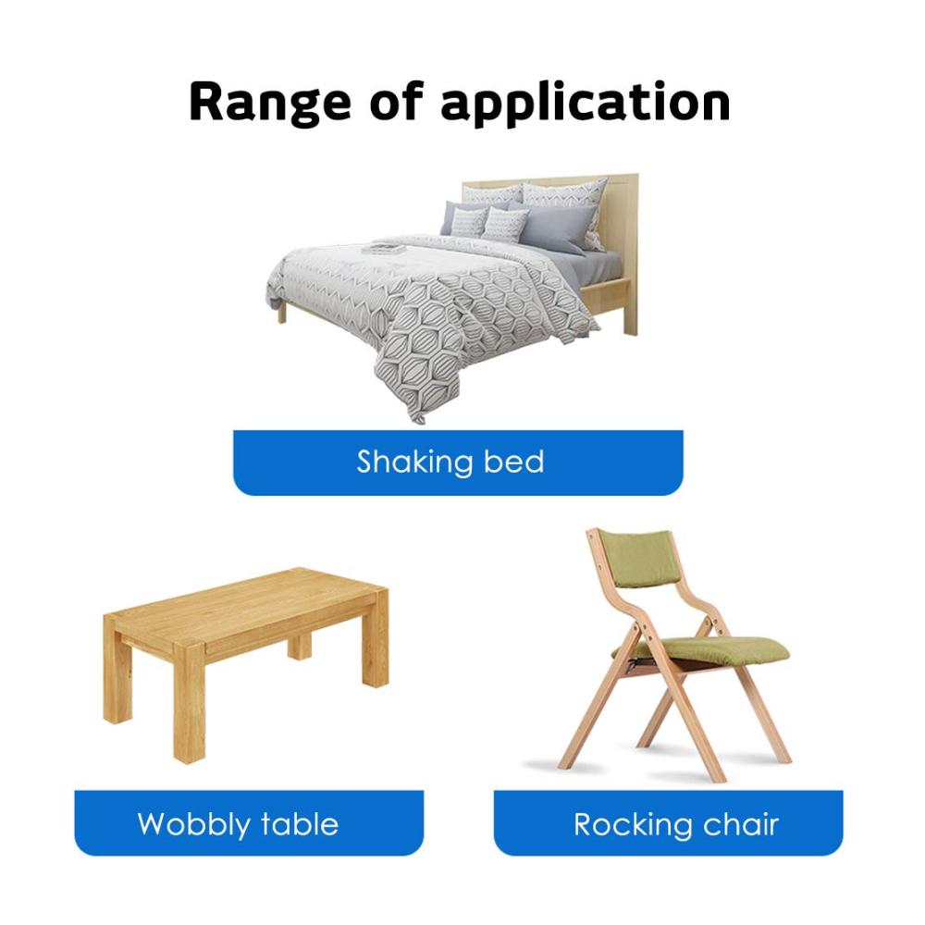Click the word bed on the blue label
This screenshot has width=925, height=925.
[x=513, y=462]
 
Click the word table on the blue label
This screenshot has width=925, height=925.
[x=300, y=823]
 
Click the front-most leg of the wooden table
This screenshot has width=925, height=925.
[x=190, y=703]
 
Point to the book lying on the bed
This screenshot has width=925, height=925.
[x=383, y=248]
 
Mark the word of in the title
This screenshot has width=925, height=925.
[x=397, y=102]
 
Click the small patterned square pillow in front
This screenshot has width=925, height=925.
[x=504, y=224]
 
